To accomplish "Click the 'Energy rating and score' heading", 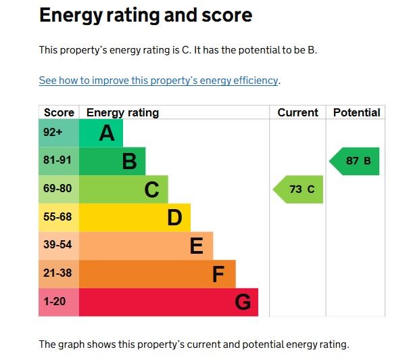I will click(x=145, y=16).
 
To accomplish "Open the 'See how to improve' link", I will click(x=158, y=81).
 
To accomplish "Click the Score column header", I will click(x=59, y=112).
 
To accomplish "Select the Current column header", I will click(x=297, y=112).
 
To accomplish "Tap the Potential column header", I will click(x=356, y=112).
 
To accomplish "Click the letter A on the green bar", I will click(x=107, y=133).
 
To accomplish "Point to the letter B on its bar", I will click(x=129, y=162).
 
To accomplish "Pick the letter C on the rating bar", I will click(x=151, y=190).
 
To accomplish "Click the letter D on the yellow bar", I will click(x=174, y=218).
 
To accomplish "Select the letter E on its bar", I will click(x=196, y=246).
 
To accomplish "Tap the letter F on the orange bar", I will click(x=218, y=274).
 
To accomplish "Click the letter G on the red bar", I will click(x=243, y=302).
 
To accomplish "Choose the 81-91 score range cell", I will click(x=58, y=161).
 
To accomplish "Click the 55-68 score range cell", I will click(x=58, y=217).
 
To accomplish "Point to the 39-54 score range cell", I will click(x=58, y=246).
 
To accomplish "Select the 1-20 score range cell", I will click(x=55, y=302).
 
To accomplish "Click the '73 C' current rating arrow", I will click(x=300, y=189).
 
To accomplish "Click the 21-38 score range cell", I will click(x=58, y=273).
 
